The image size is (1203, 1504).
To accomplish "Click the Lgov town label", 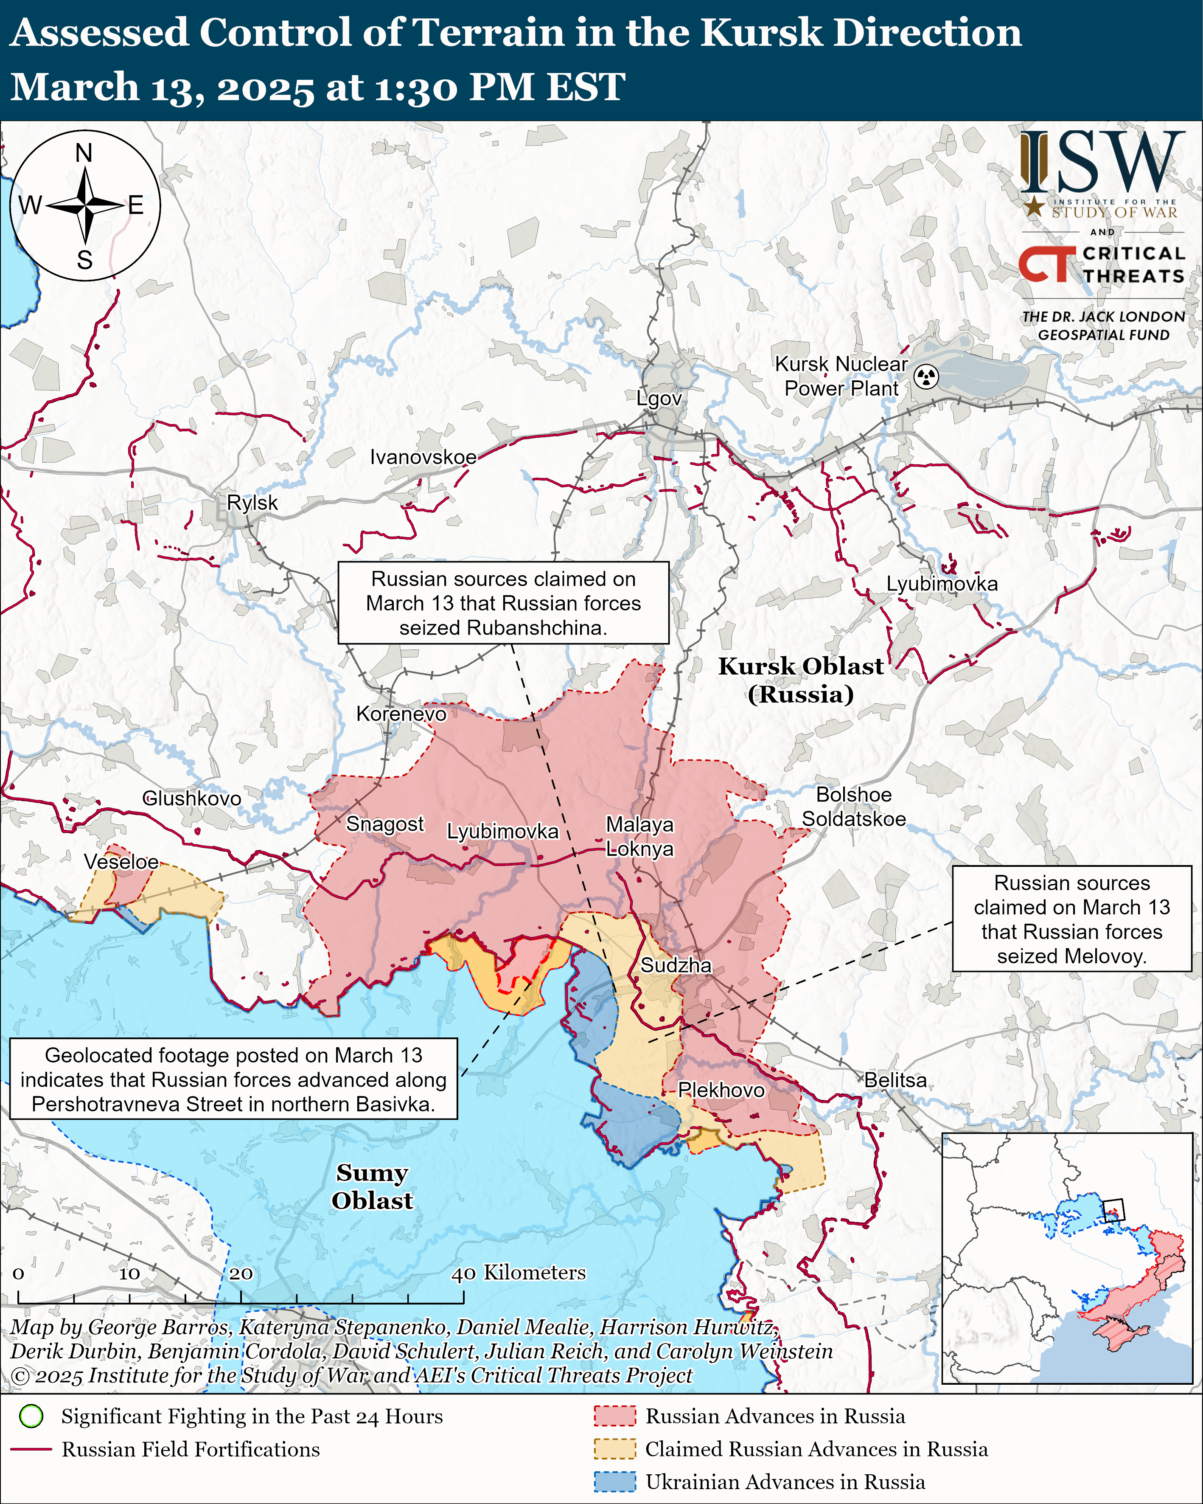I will pos(658,398).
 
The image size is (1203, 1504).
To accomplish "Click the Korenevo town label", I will pos(401,714).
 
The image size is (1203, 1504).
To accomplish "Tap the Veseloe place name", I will pos(121,862).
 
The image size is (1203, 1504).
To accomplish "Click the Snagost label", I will pos(384,824).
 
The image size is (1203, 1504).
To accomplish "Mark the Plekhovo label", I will pos(721,1090).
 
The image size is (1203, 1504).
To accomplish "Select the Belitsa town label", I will pos(895,1080).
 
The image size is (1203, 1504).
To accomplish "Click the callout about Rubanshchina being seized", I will pos(503,603).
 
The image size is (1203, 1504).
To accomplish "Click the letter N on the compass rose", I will pos(84,153).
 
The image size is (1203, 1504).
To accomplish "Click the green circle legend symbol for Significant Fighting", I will pos(31,1417).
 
